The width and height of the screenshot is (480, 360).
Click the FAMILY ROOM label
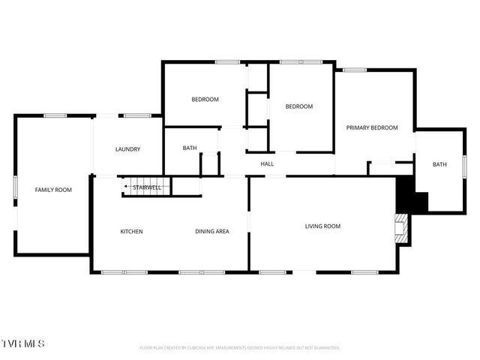[53, 190]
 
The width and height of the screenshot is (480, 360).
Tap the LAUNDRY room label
[127, 149]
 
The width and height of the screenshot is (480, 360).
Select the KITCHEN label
[131, 231]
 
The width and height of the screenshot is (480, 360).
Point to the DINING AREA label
[212, 231]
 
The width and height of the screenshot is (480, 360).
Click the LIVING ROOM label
[322, 226]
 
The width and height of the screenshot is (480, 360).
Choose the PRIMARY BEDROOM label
[371, 127]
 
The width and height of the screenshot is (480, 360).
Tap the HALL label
[267, 163]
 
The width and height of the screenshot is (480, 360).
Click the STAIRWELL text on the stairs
[148, 187]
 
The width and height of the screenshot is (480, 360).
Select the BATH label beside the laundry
[190, 148]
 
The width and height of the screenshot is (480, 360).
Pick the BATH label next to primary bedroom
[439, 164]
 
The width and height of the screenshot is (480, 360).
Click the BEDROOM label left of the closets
[205, 100]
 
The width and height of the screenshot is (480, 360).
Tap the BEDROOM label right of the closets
[298, 106]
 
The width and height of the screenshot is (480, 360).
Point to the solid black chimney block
[409, 195]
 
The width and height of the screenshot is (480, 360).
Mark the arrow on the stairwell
[129, 187]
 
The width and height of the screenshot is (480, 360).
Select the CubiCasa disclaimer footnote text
[240, 348]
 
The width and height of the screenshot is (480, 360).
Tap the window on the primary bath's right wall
[464, 164]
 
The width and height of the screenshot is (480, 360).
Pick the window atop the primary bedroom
[354, 70]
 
